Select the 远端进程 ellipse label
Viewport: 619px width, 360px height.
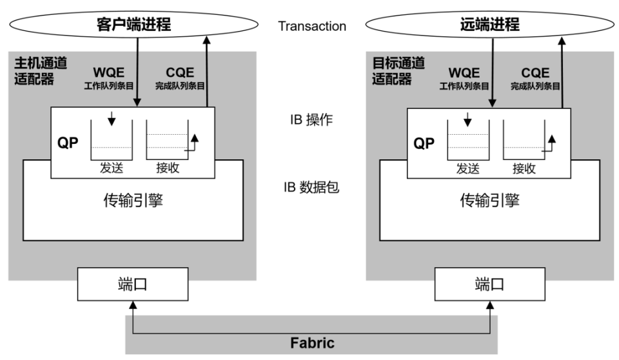point(489,25)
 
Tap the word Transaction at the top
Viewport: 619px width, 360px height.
point(312,26)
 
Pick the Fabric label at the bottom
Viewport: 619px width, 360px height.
point(312,343)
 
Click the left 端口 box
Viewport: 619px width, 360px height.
point(132,284)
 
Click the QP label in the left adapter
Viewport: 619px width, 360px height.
point(68,143)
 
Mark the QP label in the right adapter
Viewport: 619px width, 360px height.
point(424,143)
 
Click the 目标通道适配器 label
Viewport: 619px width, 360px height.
point(394,72)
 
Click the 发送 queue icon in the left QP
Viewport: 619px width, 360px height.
point(112,137)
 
